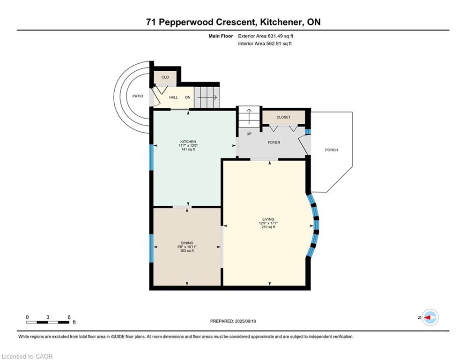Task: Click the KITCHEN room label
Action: coord(188,142)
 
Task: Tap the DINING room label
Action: coord(187,243)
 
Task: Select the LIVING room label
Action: coord(268,219)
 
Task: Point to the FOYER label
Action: coord(274,142)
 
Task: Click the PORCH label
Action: coord(332,150)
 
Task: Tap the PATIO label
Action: coord(138,96)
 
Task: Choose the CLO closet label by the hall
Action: coord(165,77)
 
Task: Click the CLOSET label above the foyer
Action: coord(283,117)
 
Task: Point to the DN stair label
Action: coord(188,97)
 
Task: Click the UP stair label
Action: coord(249,134)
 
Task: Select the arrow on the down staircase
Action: coord(207,97)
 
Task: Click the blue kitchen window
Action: coord(151,157)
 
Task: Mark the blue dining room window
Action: coord(151,248)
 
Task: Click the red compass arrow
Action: coord(428,318)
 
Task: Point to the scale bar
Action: coord(48,322)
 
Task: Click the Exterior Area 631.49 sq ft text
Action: coord(266,36)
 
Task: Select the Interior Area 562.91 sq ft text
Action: coord(265,44)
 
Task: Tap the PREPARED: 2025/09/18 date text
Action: coord(233,321)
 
